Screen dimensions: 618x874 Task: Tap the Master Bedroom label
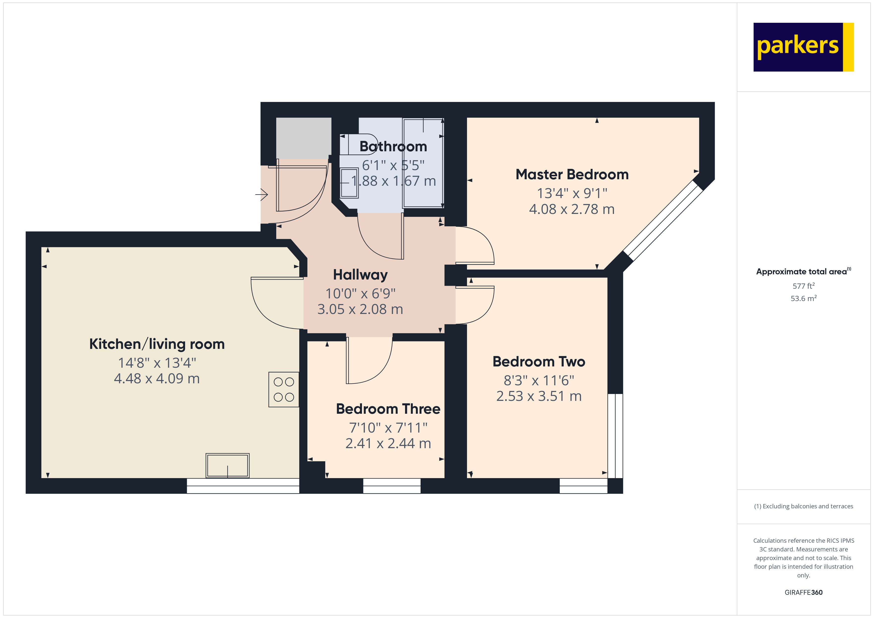pos(572,174)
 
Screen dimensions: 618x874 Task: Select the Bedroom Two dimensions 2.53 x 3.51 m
pos(539,396)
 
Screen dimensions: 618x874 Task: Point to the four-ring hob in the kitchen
pos(284,389)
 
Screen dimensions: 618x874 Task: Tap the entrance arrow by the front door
pos(262,195)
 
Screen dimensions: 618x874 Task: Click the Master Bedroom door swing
pos(476,245)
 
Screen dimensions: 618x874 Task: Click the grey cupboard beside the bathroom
pos(303,138)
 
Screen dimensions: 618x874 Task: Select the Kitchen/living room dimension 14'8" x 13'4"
pos(157,363)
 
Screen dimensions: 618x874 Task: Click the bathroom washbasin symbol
pos(349,183)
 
